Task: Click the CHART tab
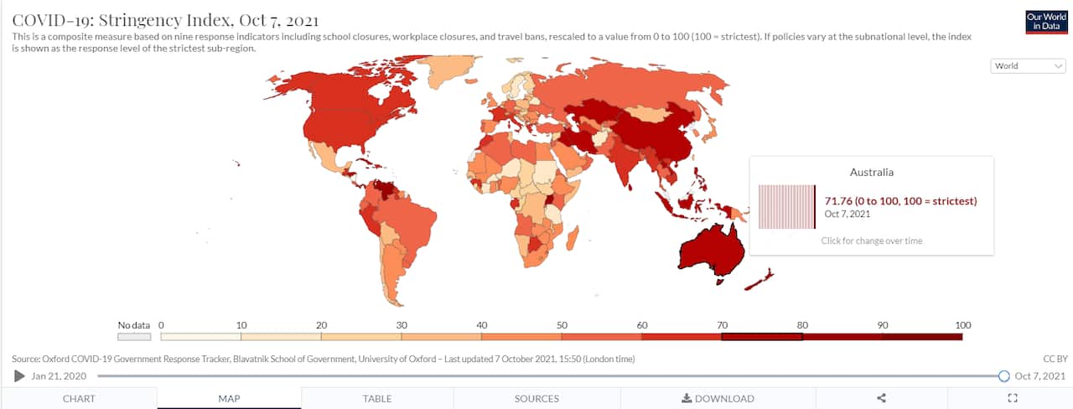coord(79,398)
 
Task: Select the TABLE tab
coord(377,398)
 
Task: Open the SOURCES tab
coord(536,398)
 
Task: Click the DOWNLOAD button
coord(718,398)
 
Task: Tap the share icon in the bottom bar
coord(881,398)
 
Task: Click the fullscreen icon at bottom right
coord(1012,398)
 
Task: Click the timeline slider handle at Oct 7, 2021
coord(1003,375)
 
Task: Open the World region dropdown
coord(1028,66)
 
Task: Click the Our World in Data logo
coord(1046,22)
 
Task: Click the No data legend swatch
coord(133,337)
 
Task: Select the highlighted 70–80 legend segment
coord(761,337)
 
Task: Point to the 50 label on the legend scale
coord(561,324)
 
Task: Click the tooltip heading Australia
coord(871,173)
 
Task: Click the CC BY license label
coord(1054,359)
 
